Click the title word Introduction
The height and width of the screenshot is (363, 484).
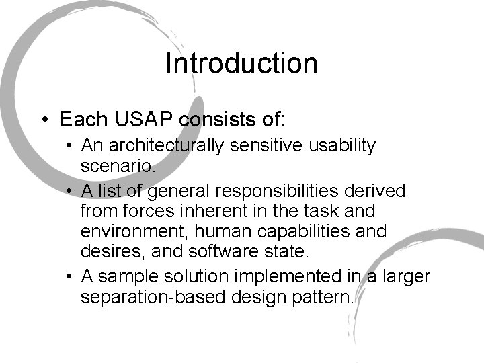pyautogui.click(x=241, y=64)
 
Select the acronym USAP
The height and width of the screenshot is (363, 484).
pyautogui.click(x=140, y=120)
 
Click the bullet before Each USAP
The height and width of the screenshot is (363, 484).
pyautogui.click(x=43, y=120)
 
